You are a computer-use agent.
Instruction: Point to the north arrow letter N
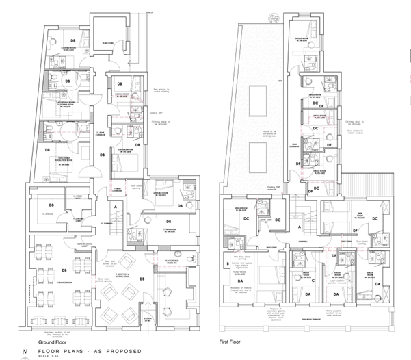tap(25, 351)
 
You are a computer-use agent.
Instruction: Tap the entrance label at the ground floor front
tap(145, 308)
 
